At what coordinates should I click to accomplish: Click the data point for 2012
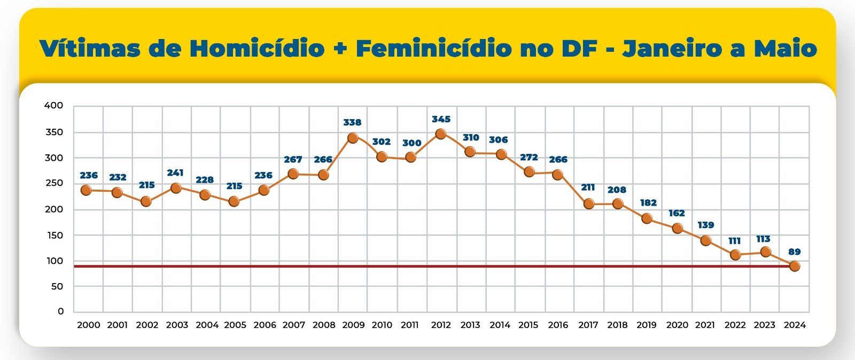pos(440,134)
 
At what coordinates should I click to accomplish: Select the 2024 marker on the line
pos(795,266)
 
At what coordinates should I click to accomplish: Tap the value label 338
pos(352,122)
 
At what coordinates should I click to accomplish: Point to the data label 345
pos(441,119)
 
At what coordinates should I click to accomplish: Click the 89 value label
pos(795,252)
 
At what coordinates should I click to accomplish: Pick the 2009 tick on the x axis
pos(353,325)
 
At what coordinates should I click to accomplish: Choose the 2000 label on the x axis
pos(88,325)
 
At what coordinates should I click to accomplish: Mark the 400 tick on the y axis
pos(53,106)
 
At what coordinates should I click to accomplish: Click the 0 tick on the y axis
pos(60,311)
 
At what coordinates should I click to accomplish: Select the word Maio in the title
pos(786,49)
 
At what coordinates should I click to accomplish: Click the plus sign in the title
pos(340,49)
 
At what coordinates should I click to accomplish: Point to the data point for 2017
pos(589,204)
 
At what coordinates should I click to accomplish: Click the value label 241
pos(175,173)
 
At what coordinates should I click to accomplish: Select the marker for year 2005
pos(234,201)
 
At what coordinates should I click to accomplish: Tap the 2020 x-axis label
pos(677,325)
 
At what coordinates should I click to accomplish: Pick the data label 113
pos(763,239)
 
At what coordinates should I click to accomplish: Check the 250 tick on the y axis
pos(53,183)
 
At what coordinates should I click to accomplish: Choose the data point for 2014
pos(501,154)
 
